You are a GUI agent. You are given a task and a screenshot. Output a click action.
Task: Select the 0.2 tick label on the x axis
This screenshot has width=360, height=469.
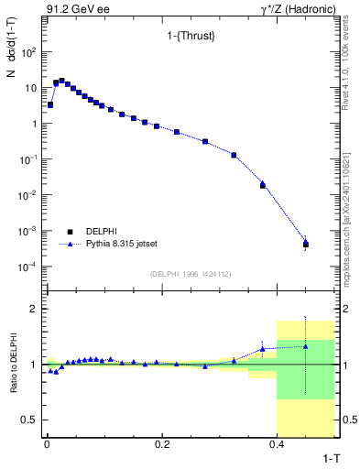161,442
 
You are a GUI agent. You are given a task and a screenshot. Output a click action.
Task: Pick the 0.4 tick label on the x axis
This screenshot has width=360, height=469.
277,442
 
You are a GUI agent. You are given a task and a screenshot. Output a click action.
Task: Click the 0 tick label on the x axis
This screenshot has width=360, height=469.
46,442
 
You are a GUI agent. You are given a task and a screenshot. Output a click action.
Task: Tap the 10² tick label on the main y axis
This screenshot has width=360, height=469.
28,52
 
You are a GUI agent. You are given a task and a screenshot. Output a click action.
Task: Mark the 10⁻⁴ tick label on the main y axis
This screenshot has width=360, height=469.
27,267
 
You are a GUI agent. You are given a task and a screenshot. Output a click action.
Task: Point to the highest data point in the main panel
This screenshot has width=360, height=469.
61,81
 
